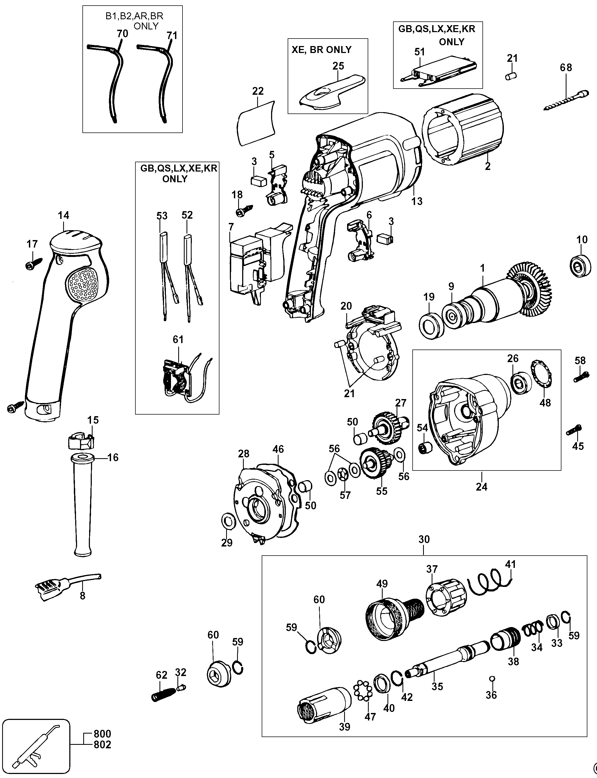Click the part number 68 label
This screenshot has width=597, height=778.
pyautogui.click(x=566, y=67)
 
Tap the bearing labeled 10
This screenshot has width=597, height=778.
pyautogui.click(x=581, y=265)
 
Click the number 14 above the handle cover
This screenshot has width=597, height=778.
pyautogui.click(x=64, y=215)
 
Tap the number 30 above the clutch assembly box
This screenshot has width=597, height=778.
pyautogui.click(x=424, y=539)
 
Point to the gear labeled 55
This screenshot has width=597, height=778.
pyautogui.click(x=374, y=464)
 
